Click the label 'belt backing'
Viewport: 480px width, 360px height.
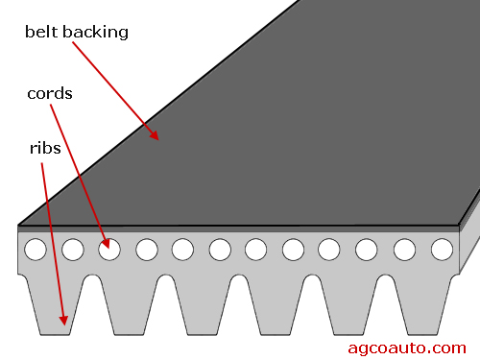click(76, 32)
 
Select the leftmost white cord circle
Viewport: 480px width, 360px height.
click(36, 250)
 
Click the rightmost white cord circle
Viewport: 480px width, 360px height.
click(442, 250)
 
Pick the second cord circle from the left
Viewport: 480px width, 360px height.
click(72, 250)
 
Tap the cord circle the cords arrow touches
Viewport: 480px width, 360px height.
click(109, 250)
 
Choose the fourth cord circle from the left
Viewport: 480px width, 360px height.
click(146, 250)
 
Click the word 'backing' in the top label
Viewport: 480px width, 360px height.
click(96, 32)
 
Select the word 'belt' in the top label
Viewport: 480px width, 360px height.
click(39, 32)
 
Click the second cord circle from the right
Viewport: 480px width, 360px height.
click(404, 250)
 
